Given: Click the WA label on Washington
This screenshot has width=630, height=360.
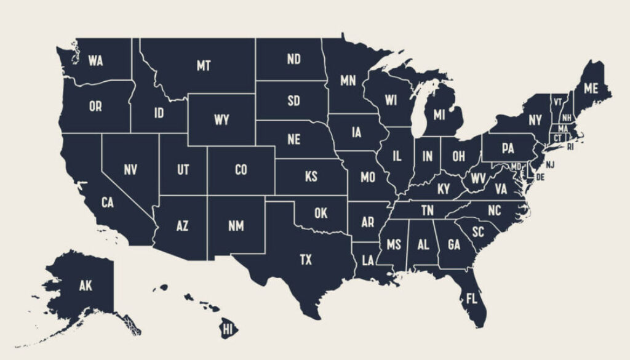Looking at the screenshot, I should tap(95, 60).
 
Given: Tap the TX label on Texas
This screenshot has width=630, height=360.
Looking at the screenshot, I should tap(306, 260).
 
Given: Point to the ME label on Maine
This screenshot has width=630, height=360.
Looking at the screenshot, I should tap(591, 89).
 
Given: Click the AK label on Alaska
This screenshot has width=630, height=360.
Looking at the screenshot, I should tap(86, 286).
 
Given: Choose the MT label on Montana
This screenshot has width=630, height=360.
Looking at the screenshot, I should tap(204, 65).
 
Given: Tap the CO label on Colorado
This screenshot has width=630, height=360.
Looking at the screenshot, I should tap(241, 169).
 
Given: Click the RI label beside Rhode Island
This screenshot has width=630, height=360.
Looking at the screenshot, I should tap(570, 147).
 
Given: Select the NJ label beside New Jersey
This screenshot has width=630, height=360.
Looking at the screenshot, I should tap(550, 164).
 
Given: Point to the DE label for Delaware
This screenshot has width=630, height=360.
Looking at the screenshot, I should tap(541, 177).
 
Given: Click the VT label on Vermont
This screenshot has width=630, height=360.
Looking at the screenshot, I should tap(557, 102).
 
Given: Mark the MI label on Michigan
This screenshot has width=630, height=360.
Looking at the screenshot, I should tap(439, 114).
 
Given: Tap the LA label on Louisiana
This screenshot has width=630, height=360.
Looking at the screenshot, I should tap(368, 260).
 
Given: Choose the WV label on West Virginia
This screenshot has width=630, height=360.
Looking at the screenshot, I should tap(478, 178).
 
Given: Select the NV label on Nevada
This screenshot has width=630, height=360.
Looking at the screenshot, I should tap(130, 169).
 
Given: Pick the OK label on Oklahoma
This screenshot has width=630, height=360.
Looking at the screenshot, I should tap(321, 214).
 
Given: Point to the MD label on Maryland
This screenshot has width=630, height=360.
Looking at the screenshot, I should tap(516, 167).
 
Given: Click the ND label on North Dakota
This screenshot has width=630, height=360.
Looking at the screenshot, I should tap(293, 59).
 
